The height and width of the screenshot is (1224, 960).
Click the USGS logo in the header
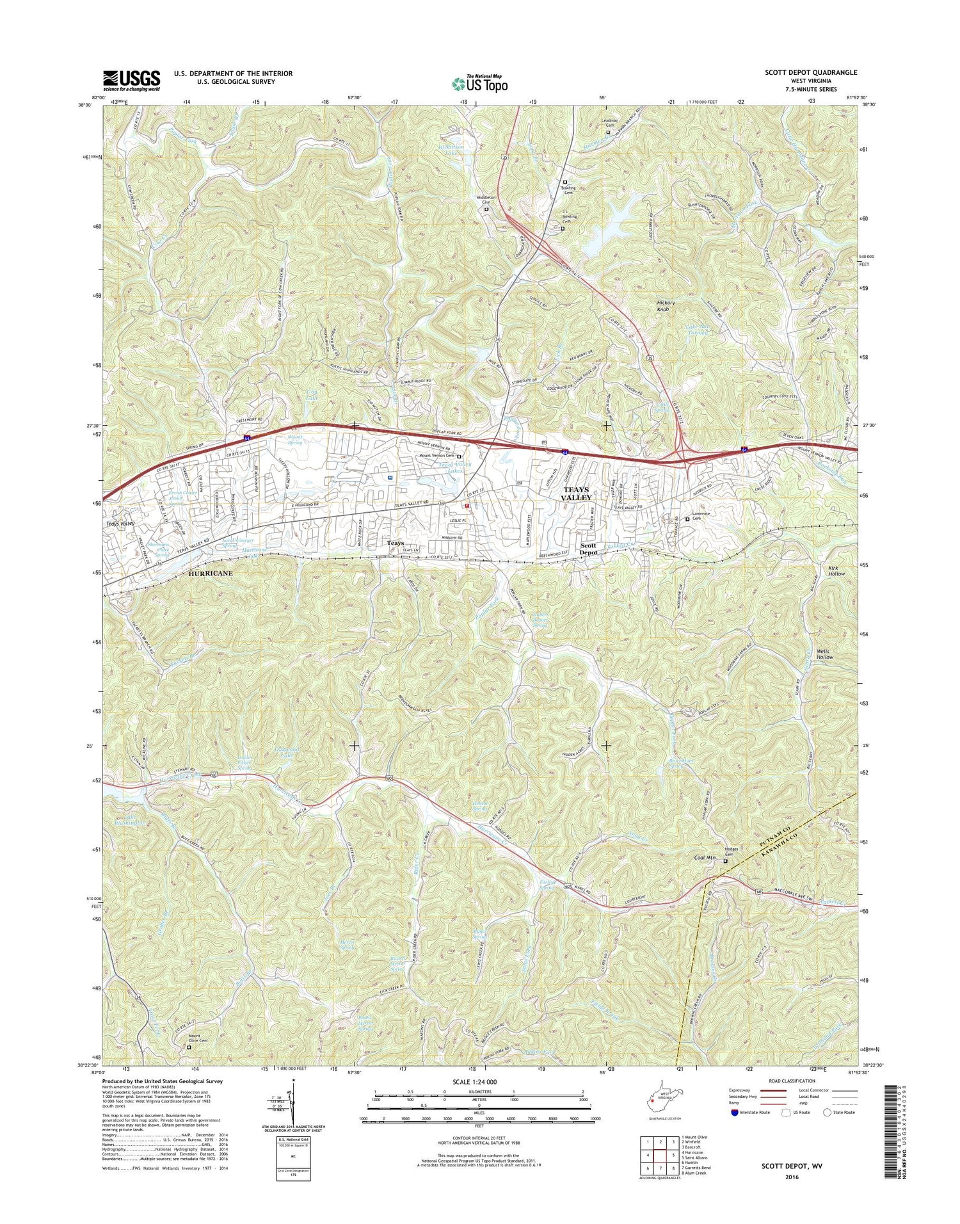[131, 81]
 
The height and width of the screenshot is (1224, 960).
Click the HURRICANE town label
[211, 574]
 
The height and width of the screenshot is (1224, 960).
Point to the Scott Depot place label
[588, 549]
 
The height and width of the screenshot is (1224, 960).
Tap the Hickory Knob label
[666, 305]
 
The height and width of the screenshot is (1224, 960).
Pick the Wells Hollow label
[825, 654]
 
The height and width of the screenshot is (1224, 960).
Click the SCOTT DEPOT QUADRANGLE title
[810, 73]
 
